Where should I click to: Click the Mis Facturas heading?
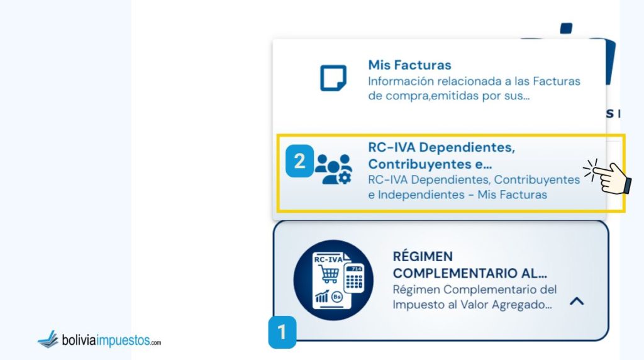pyautogui.click(x=409, y=65)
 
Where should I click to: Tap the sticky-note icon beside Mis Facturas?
pyautogui.click(x=333, y=78)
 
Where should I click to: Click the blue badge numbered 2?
pyautogui.click(x=299, y=161)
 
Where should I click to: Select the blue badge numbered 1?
pyautogui.click(x=282, y=332)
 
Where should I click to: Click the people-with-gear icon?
pyautogui.click(x=334, y=169)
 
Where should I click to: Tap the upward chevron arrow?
pyautogui.click(x=576, y=301)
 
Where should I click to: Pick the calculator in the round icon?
pyautogui.click(x=353, y=277)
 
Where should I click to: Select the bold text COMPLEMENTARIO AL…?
pyautogui.click(x=470, y=274)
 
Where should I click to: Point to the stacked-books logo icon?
pyautogui.click(x=48, y=340)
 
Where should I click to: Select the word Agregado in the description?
pyautogui.click(x=526, y=304)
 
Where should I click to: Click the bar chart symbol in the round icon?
pyautogui.click(x=323, y=296)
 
